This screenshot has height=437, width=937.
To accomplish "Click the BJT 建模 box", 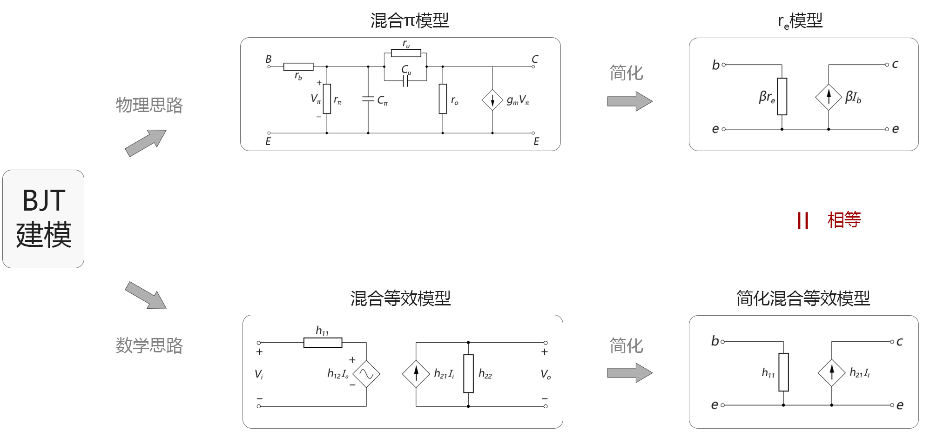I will click(x=43, y=218).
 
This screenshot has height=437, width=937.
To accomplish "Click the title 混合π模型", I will click(x=410, y=20).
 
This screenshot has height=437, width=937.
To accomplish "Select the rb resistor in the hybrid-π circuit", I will click(x=298, y=67).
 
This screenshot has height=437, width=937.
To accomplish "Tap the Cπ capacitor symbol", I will click(x=368, y=99).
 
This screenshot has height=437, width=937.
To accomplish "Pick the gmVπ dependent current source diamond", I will click(x=492, y=100).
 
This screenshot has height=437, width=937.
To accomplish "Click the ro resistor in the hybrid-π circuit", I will click(x=443, y=99).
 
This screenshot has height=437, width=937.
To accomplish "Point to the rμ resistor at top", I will click(x=406, y=53).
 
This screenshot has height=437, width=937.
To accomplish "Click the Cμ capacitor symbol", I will click(x=405, y=81).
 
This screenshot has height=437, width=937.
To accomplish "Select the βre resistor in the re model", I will click(x=782, y=97).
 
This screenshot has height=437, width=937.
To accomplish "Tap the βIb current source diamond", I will click(x=829, y=97).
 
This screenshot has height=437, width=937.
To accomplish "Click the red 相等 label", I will click(x=844, y=220).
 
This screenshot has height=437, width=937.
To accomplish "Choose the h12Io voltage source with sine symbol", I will click(x=366, y=374).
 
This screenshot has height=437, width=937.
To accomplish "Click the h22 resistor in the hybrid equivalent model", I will click(x=468, y=374).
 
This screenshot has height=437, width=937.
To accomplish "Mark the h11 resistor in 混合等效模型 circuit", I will click(x=323, y=343).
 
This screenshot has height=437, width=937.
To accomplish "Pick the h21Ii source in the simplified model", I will click(x=831, y=373).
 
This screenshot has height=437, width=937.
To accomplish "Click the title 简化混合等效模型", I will click(x=803, y=298).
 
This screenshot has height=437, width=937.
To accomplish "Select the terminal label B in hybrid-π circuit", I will click(x=269, y=59).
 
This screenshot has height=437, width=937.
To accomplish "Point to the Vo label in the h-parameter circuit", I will click(x=546, y=374).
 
